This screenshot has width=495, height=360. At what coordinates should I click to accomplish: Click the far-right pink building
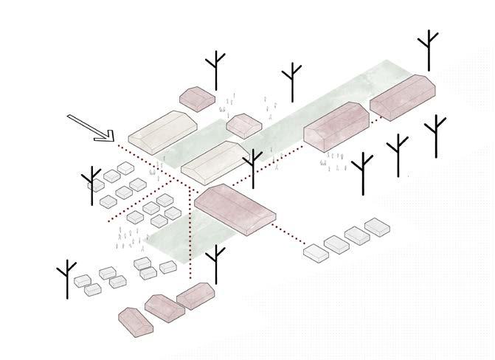point(403,97)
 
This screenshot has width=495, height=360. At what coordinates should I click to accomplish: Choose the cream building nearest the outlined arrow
point(162,130)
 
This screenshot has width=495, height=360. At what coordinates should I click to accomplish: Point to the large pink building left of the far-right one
point(336,125)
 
